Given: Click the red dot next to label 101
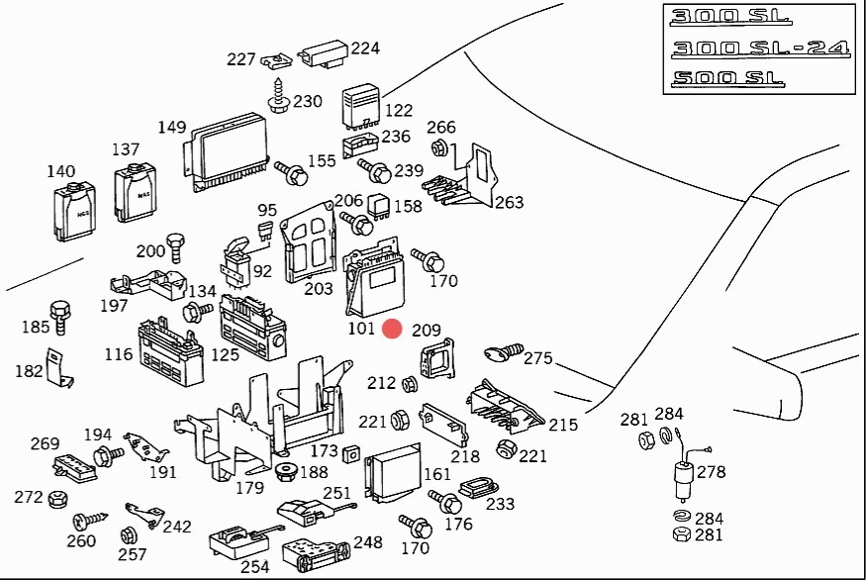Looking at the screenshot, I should point(392,330).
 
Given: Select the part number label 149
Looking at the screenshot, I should point(172,127).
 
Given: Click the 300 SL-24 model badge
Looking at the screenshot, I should point(757,48).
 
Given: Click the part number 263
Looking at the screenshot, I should point(509,203).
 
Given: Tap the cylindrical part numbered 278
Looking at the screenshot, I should point(681,479).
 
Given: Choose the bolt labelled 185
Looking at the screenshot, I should point(60,314).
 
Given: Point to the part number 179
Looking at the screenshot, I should point(249,487).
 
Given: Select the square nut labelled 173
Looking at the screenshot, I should point(351,453).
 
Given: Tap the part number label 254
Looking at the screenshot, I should point(255,566).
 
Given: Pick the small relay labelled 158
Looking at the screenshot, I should point(380,206).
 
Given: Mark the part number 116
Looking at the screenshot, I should point(119,354).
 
